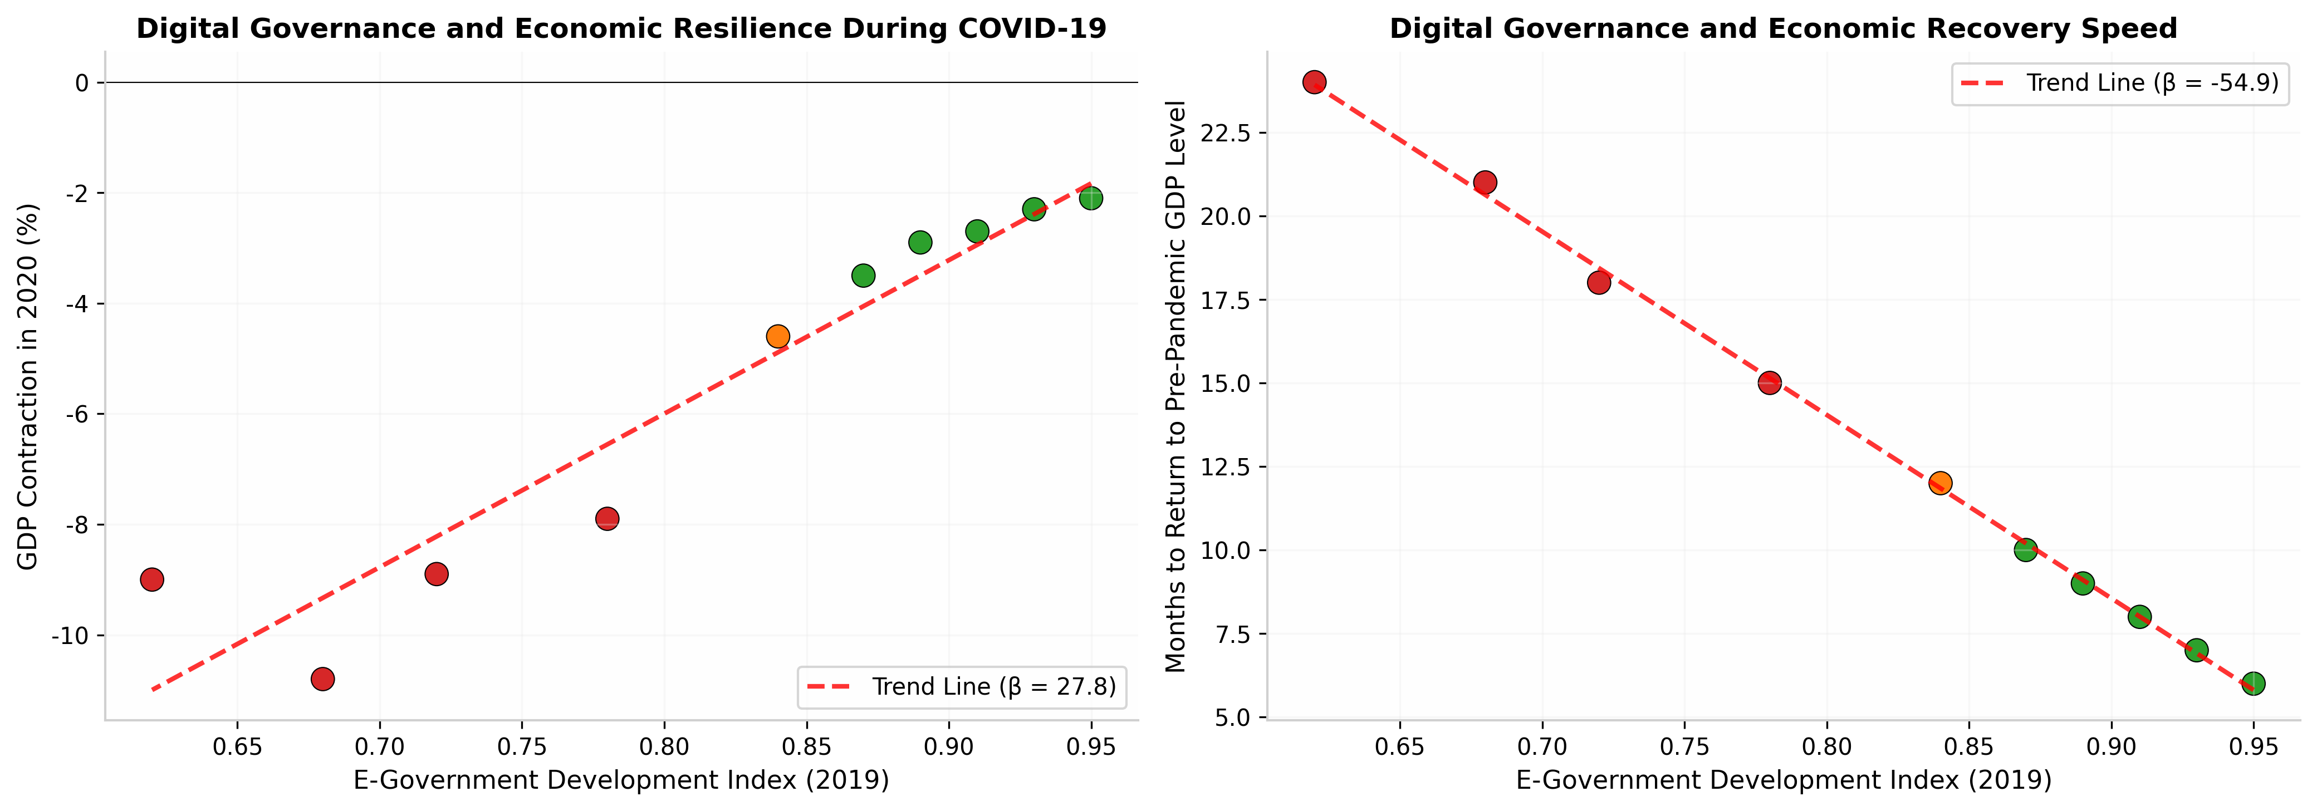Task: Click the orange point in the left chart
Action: tap(778, 336)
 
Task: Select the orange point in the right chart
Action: tap(1940, 483)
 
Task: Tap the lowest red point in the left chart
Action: tap(323, 679)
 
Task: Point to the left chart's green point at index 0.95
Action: tap(1091, 198)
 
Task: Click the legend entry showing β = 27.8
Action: tap(962, 687)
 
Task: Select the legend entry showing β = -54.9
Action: tap(2120, 83)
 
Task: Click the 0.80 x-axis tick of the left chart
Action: tap(664, 747)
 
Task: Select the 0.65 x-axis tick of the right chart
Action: tap(1399, 747)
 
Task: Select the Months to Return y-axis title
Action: tap(1175, 387)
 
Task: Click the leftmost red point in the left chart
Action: tap(152, 579)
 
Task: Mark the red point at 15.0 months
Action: tap(1769, 383)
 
